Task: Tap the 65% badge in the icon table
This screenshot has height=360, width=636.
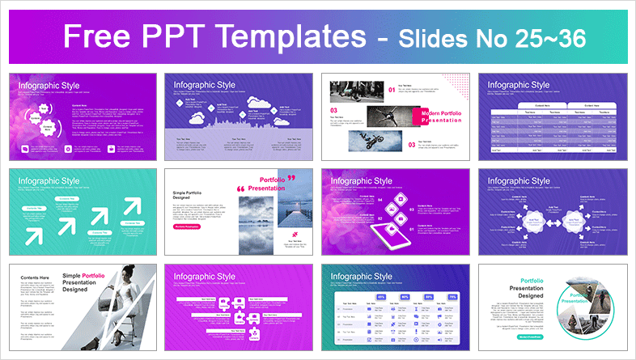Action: click(x=381, y=297)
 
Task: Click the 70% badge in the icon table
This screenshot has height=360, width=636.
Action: click(x=453, y=297)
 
